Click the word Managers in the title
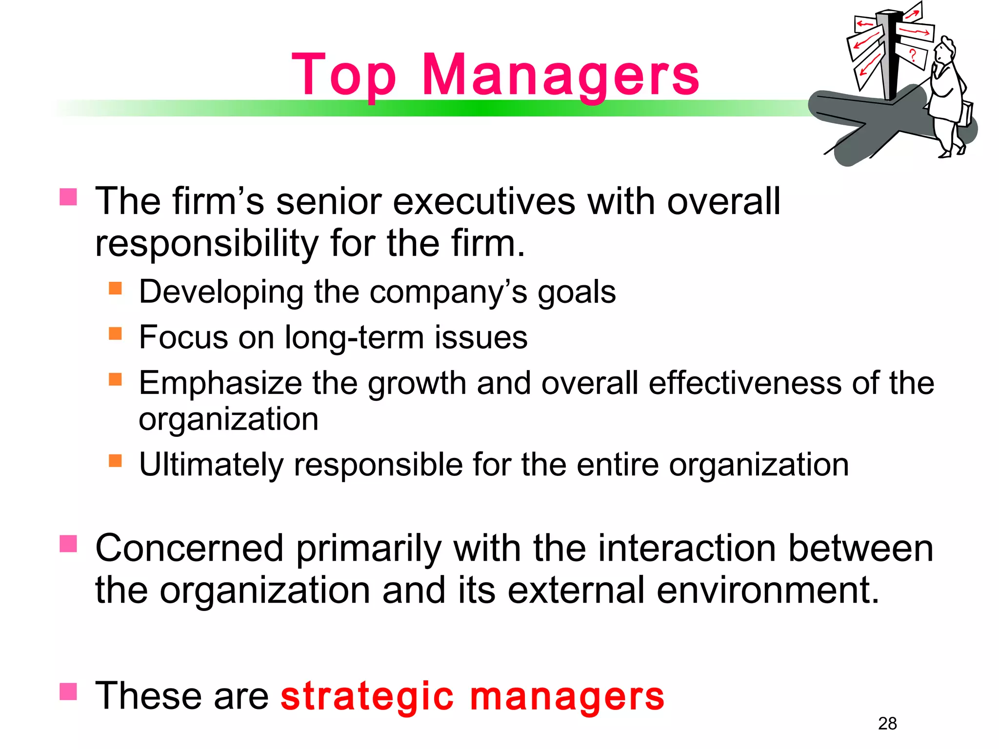point(560,76)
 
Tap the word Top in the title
point(344,76)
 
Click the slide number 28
point(887,723)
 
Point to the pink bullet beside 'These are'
point(68,691)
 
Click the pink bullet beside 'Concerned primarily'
point(68,544)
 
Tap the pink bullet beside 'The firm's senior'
point(68,197)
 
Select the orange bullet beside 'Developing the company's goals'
point(115,288)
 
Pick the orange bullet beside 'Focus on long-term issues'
point(115,334)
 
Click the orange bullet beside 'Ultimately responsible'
point(115,461)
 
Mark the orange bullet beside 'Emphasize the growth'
point(115,379)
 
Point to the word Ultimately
point(211,465)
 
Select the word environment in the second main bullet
point(767,591)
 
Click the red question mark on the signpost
point(913,54)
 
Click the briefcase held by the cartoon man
point(965,115)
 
